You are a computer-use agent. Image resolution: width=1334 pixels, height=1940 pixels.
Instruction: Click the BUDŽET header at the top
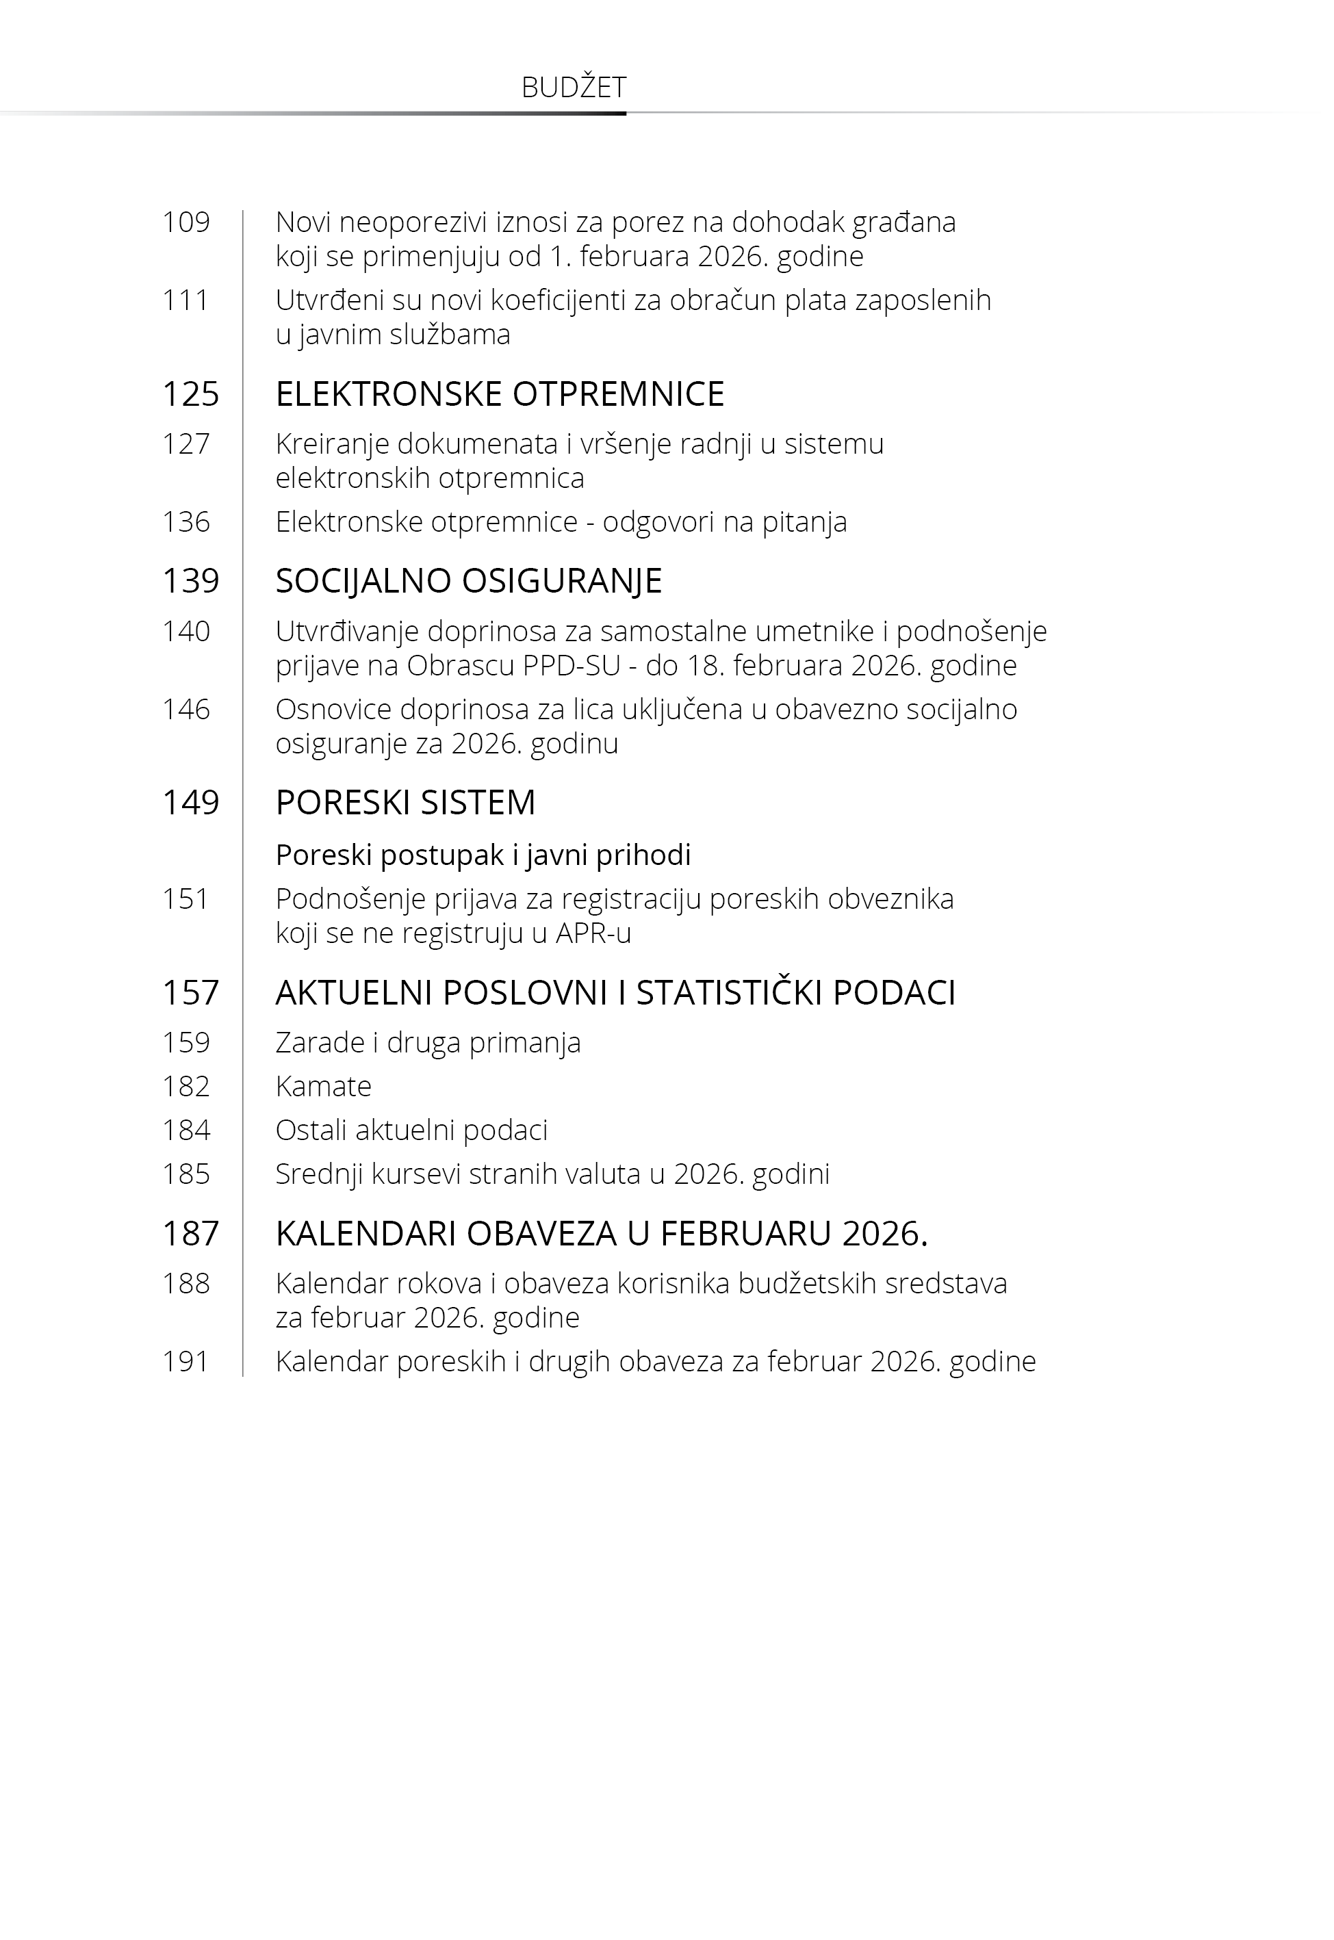574,88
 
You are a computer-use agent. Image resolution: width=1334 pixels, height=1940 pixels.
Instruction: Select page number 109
185,222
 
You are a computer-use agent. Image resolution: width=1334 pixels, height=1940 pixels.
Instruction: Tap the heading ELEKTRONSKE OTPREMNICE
500,393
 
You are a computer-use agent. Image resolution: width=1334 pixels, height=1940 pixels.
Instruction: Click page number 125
190,393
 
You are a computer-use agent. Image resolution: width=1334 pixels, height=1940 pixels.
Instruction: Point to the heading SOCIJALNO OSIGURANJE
469,581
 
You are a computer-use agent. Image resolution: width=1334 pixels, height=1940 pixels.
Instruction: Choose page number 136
185,522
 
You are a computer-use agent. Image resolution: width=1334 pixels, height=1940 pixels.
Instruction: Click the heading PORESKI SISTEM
405,802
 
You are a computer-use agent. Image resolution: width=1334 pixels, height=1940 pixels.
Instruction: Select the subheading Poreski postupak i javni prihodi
483,855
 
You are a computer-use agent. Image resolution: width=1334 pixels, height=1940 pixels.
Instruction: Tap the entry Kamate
324,1086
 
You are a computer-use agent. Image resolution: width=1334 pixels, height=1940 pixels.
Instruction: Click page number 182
185,1086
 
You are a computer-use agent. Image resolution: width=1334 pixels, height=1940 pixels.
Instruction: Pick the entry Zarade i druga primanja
428,1043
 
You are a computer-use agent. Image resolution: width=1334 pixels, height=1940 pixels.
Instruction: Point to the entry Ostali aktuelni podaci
411,1130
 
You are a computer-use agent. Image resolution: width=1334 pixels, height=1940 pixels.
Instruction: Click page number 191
185,1362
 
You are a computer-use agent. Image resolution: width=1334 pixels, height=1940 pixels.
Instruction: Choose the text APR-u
593,933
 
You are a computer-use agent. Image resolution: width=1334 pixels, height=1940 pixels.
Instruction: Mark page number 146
185,710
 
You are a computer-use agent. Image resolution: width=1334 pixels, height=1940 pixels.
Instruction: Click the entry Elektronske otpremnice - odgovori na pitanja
561,522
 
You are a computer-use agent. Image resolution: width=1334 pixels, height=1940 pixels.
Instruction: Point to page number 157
190,992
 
